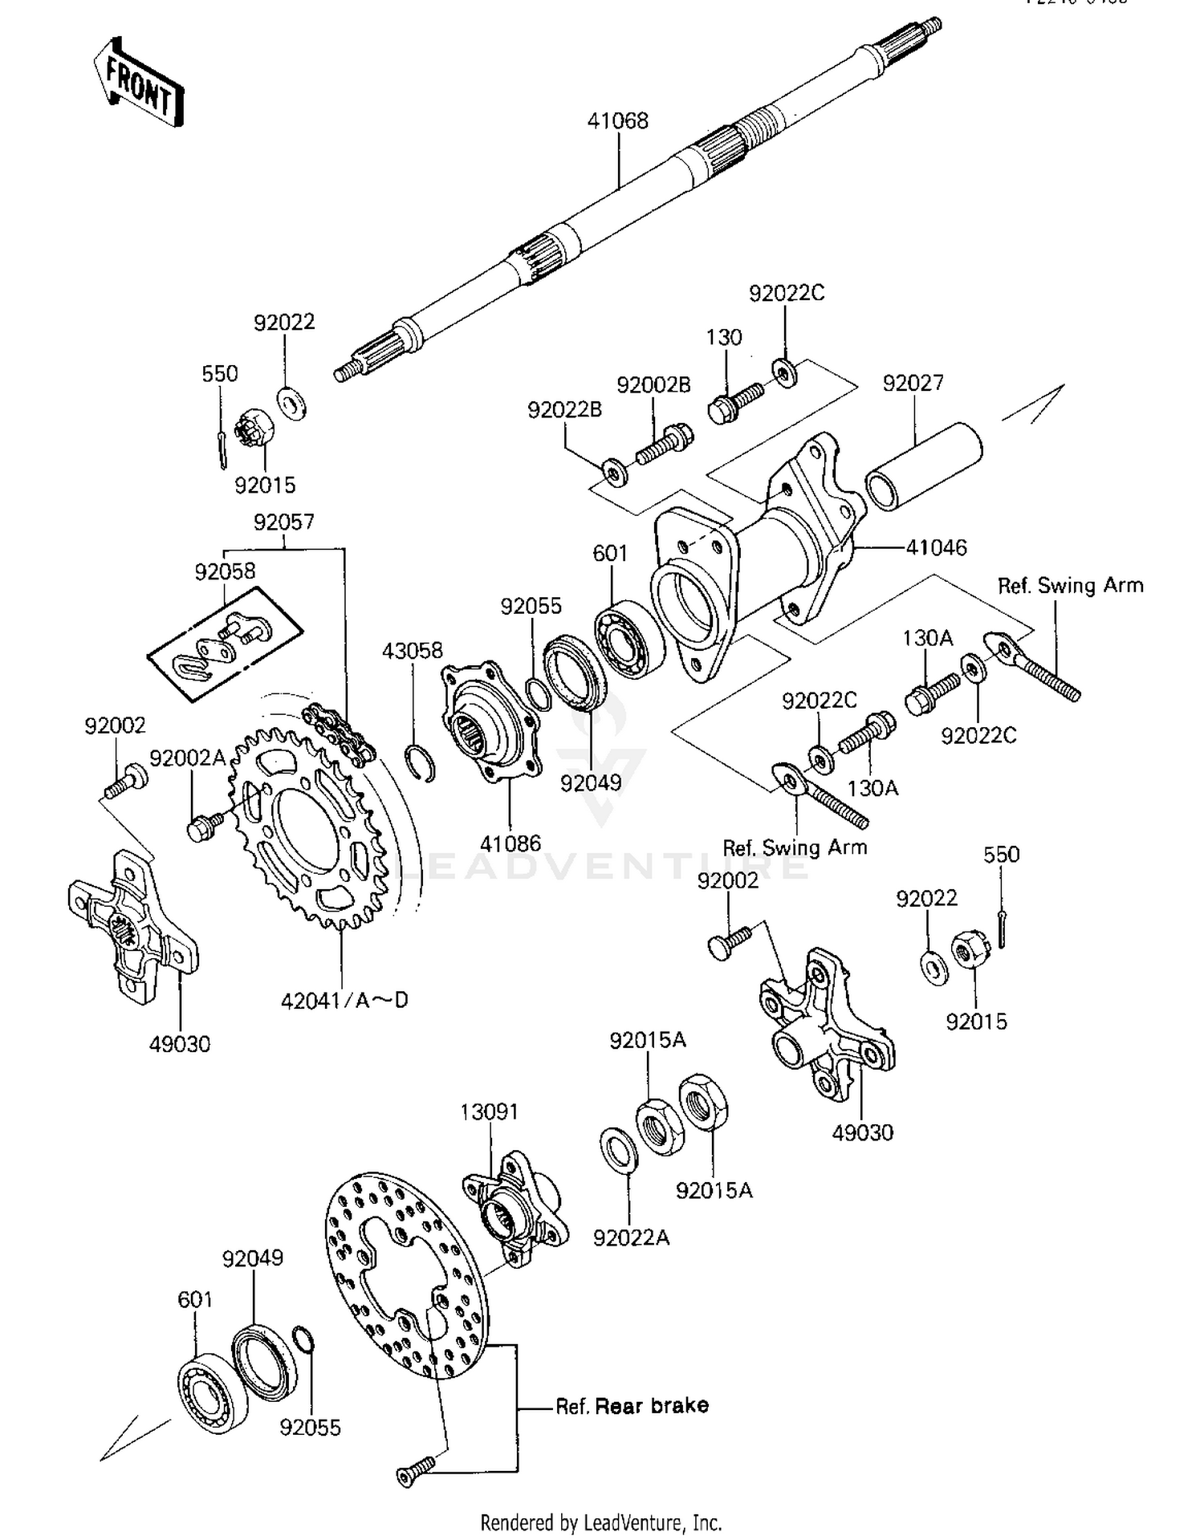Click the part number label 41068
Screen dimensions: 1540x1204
click(x=617, y=121)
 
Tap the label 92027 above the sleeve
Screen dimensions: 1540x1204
click(x=913, y=383)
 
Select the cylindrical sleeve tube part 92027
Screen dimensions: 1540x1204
click(x=923, y=467)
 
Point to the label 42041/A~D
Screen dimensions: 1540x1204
click(x=344, y=1000)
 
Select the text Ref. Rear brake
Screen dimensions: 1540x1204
click(x=633, y=1405)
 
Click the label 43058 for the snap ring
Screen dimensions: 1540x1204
click(x=412, y=650)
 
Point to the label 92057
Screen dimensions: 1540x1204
click(x=283, y=522)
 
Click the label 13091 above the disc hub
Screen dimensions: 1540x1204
click(x=489, y=1111)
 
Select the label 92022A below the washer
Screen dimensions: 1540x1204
click(x=631, y=1237)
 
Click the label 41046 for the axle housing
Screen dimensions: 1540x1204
click(x=936, y=547)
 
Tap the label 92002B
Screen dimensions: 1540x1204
click(x=653, y=384)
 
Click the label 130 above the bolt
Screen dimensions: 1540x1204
click(x=723, y=337)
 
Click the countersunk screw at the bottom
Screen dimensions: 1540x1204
click(x=415, y=1471)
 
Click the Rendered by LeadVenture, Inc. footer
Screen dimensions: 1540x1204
click(x=601, y=1522)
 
